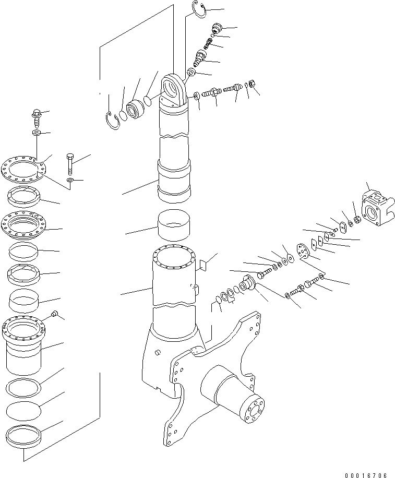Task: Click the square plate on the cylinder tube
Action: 204,265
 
